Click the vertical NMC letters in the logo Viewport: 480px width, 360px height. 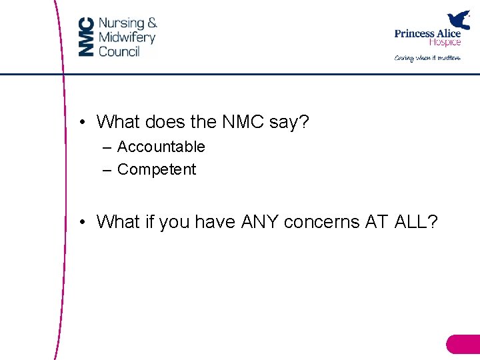click(x=86, y=37)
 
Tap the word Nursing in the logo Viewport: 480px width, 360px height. click(x=121, y=23)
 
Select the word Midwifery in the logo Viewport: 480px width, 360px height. click(x=127, y=37)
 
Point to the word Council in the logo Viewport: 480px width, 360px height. click(x=119, y=51)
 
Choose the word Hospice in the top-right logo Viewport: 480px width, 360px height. click(x=445, y=43)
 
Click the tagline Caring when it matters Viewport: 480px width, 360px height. click(x=427, y=58)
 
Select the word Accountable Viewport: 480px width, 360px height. click(x=161, y=147)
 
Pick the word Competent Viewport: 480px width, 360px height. click(x=157, y=169)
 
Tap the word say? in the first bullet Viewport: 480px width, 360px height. click(x=290, y=123)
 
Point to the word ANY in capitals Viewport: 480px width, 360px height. click(x=259, y=222)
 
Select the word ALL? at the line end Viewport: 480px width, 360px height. click(x=417, y=222)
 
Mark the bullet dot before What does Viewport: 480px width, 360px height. click(x=80, y=122)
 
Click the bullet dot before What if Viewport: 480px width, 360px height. click(x=80, y=222)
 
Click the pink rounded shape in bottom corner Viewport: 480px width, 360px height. click(x=463, y=344)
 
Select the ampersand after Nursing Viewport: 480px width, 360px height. click(x=152, y=23)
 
